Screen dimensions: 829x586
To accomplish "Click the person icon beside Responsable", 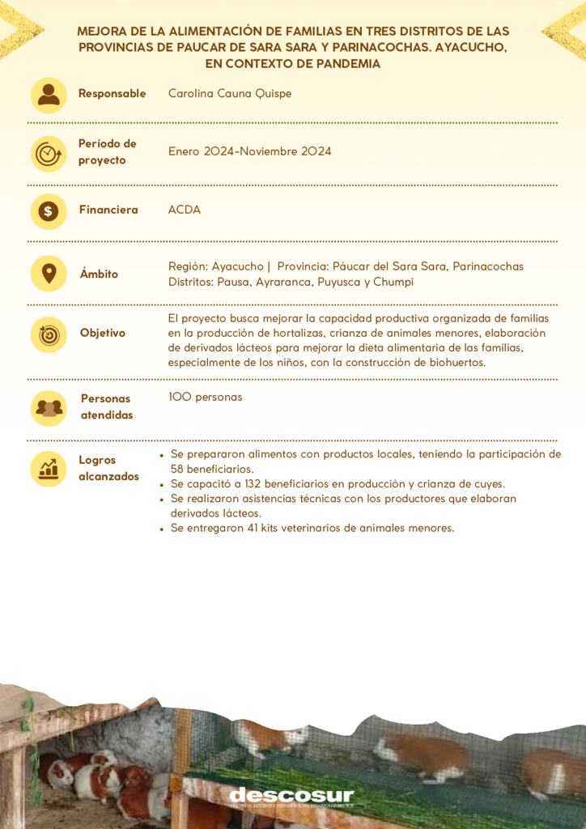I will point(49,95).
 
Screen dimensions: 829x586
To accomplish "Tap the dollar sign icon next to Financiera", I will point(49,211).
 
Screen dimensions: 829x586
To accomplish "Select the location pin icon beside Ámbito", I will point(49,274).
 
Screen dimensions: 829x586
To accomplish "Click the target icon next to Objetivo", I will point(49,334).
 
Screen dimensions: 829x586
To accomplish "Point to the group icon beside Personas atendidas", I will point(49,407).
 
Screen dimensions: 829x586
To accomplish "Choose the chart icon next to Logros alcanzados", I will point(49,468).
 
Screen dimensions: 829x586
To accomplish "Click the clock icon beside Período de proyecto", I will point(49,153).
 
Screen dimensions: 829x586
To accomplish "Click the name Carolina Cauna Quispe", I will point(230,94).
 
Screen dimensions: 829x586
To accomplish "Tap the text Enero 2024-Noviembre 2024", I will point(249,151).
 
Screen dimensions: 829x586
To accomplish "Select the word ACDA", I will point(185,210).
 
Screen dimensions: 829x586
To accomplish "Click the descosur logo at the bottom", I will point(291,797).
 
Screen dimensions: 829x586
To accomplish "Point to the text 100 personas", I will point(206,397).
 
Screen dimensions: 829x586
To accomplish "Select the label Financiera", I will point(108,210).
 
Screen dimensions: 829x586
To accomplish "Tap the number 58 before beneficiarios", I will point(179,469).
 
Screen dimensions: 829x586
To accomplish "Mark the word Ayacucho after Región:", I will point(237,266).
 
